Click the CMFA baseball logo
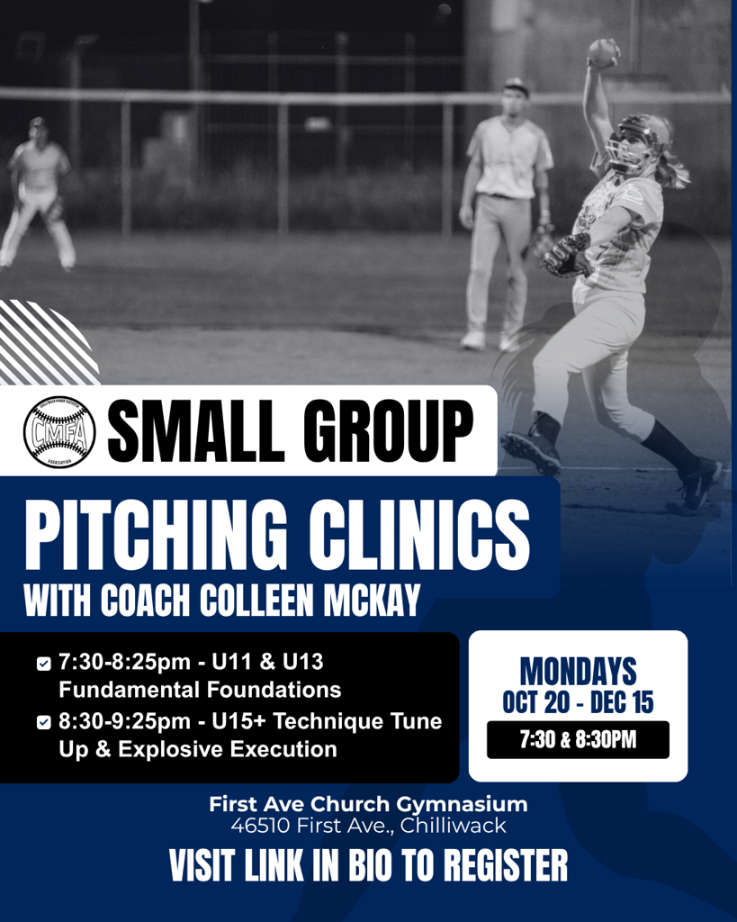pyautogui.click(x=59, y=432)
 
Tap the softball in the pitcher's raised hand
pyautogui.click(x=602, y=51)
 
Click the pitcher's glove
pyautogui.click(x=567, y=256)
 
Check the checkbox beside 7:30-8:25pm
pyautogui.click(x=43, y=664)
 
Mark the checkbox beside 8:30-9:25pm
pyautogui.click(x=43, y=723)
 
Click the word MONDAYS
pyautogui.click(x=578, y=671)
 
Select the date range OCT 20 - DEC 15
pyautogui.click(x=578, y=701)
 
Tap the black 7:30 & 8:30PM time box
pyautogui.click(x=578, y=740)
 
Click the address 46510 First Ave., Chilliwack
pyautogui.click(x=368, y=826)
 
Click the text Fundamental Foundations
pyautogui.click(x=200, y=691)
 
